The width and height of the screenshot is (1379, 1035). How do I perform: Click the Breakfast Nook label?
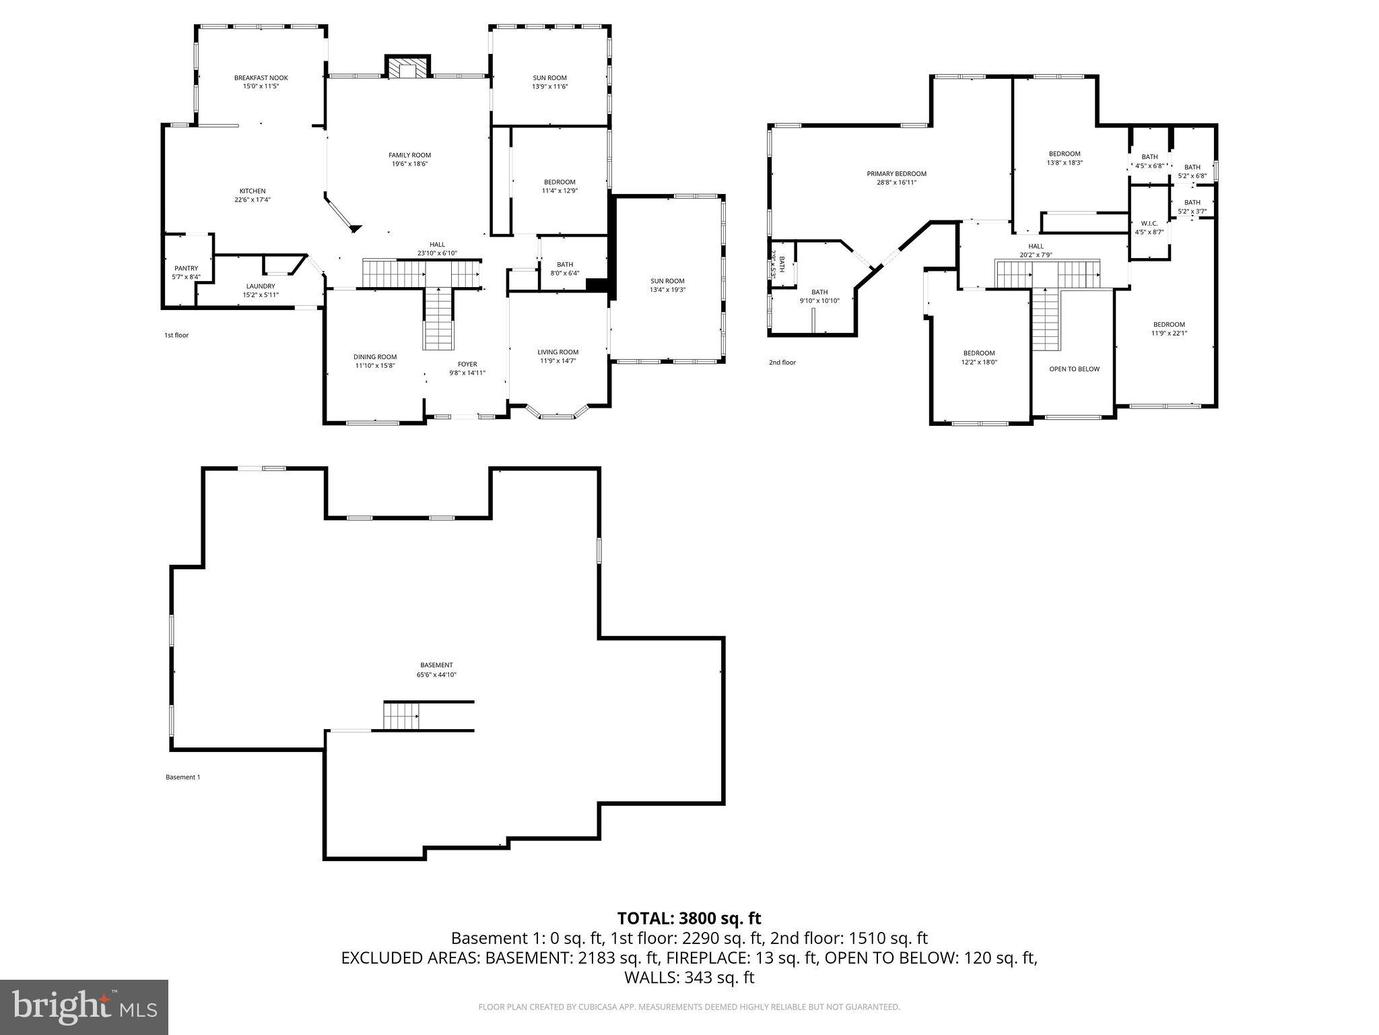coord(261,77)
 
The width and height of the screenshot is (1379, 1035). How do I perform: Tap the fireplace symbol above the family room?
coord(407,67)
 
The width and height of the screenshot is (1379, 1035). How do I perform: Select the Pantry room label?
coord(186,268)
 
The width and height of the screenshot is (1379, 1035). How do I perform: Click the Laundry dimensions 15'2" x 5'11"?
coord(261,295)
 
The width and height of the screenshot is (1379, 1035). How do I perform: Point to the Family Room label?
coord(409,155)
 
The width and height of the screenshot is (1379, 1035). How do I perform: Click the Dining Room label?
coord(375,357)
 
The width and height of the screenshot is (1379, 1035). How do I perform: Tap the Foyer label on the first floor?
coord(467,365)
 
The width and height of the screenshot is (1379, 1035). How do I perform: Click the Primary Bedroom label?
coord(896,174)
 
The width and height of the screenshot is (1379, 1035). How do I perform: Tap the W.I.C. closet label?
coord(1149,223)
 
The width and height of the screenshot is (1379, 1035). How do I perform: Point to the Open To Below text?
coord(1074,369)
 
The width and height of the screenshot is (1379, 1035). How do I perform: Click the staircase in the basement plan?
coord(402,715)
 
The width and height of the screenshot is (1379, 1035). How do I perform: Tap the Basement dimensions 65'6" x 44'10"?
coord(436,675)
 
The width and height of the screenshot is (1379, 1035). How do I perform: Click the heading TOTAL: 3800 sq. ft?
coord(689,918)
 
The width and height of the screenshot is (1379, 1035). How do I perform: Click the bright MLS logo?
coord(84,1007)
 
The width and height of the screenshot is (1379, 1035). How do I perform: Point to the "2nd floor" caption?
coord(782,363)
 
